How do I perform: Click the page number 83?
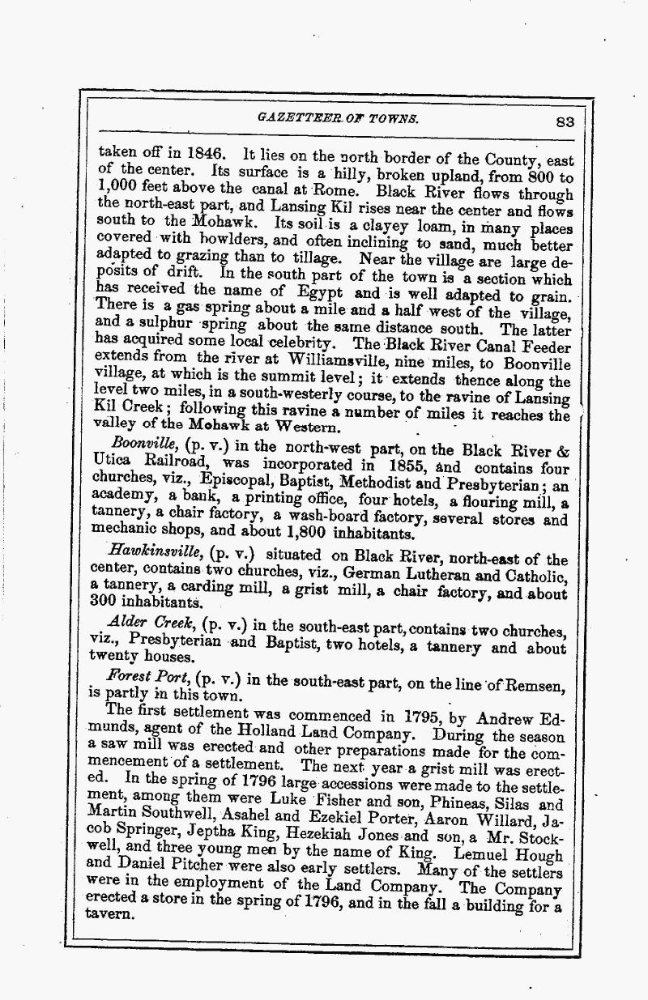565,122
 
